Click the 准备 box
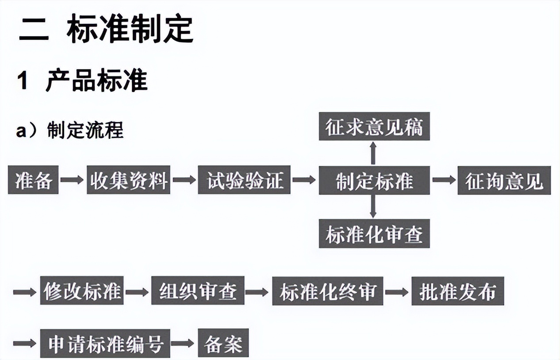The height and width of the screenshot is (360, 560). (x=33, y=180)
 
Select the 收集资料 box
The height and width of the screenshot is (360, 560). (x=129, y=180)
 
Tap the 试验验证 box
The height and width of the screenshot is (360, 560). (x=244, y=180)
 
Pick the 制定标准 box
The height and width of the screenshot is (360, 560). (x=374, y=180)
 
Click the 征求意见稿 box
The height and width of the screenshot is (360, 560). (x=374, y=126)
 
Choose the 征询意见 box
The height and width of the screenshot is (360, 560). (x=504, y=180)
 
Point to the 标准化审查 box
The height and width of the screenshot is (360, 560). (x=374, y=234)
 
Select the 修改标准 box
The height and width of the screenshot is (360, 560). (x=82, y=291)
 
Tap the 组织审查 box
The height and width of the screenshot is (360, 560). (x=198, y=291)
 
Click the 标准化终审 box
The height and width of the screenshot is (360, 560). (x=327, y=291)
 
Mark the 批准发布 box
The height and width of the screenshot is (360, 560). (x=457, y=291)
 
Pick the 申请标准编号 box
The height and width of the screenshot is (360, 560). (x=105, y=343)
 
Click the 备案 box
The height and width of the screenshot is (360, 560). (x=223, y=343)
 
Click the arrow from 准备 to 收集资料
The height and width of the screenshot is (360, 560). (x=72, y=180)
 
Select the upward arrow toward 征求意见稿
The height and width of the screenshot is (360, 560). (x=373, y=153)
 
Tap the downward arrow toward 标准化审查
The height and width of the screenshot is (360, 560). (x=373, y=206)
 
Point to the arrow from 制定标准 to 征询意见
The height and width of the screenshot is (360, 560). (x=444, y=180)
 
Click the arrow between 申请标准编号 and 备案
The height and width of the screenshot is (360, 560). (x=183, y=343)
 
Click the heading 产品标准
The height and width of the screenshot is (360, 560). (x=96, y=80)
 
